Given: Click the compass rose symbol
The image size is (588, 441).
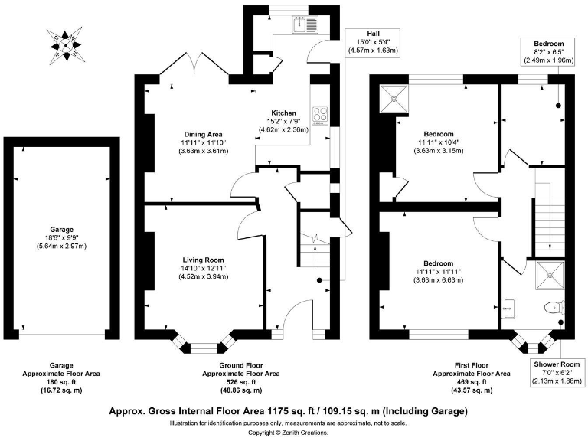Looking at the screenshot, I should [66, 45].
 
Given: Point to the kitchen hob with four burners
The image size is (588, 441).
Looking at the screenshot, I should [322, 117].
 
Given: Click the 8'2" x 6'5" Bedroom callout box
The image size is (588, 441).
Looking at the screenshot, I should [548, 52].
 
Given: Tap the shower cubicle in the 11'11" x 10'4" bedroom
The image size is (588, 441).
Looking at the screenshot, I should [396, 96].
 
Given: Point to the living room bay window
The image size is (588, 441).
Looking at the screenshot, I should [204, 345].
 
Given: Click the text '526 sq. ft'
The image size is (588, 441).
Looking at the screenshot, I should [240, 381].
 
